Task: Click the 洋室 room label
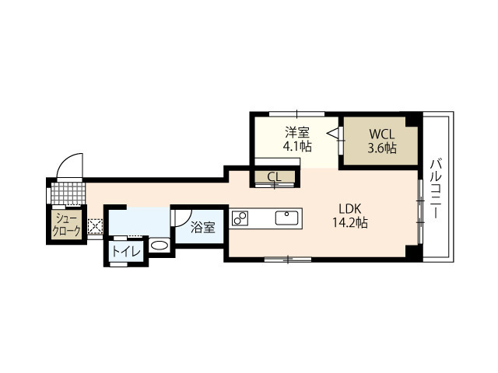click(x=296, y=132)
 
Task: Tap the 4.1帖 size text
click(x=296, y=146)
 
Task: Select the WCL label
click(x=382, y=133)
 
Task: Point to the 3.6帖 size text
click(x=382, y=147)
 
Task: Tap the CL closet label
click(x=274, y=177)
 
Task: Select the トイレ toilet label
click(x=125, y=251)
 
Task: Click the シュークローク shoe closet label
click(x=66, y=225)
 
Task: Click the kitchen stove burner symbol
click(x=239, y=218)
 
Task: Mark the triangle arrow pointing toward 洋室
click(x=334, y=134)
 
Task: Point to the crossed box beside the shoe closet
click(x=96, y=228)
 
